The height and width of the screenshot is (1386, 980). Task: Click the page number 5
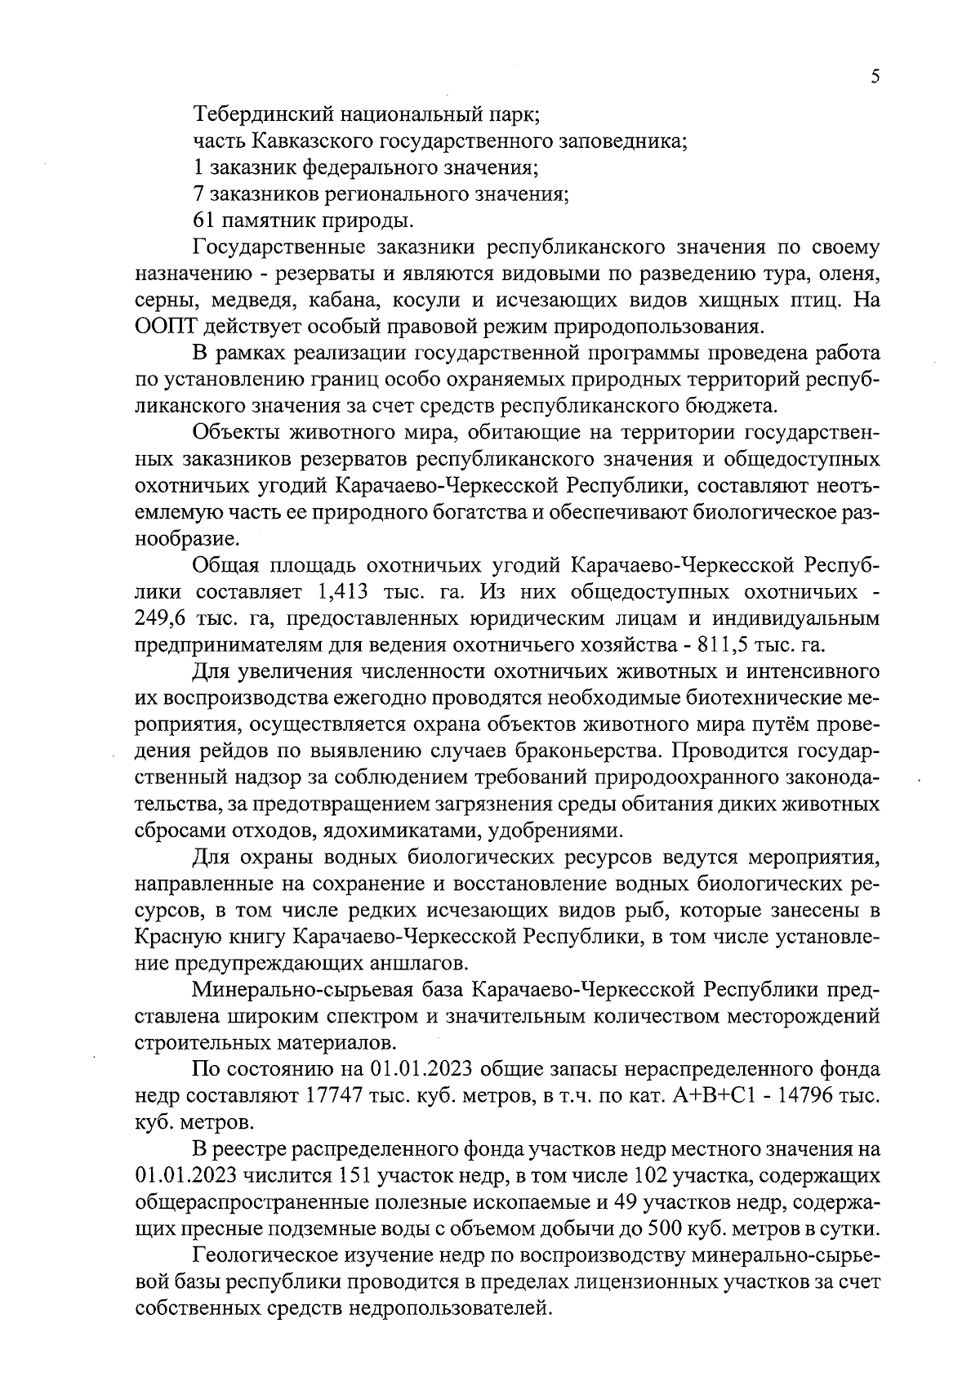pyautogui.click(x=875, y=77)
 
